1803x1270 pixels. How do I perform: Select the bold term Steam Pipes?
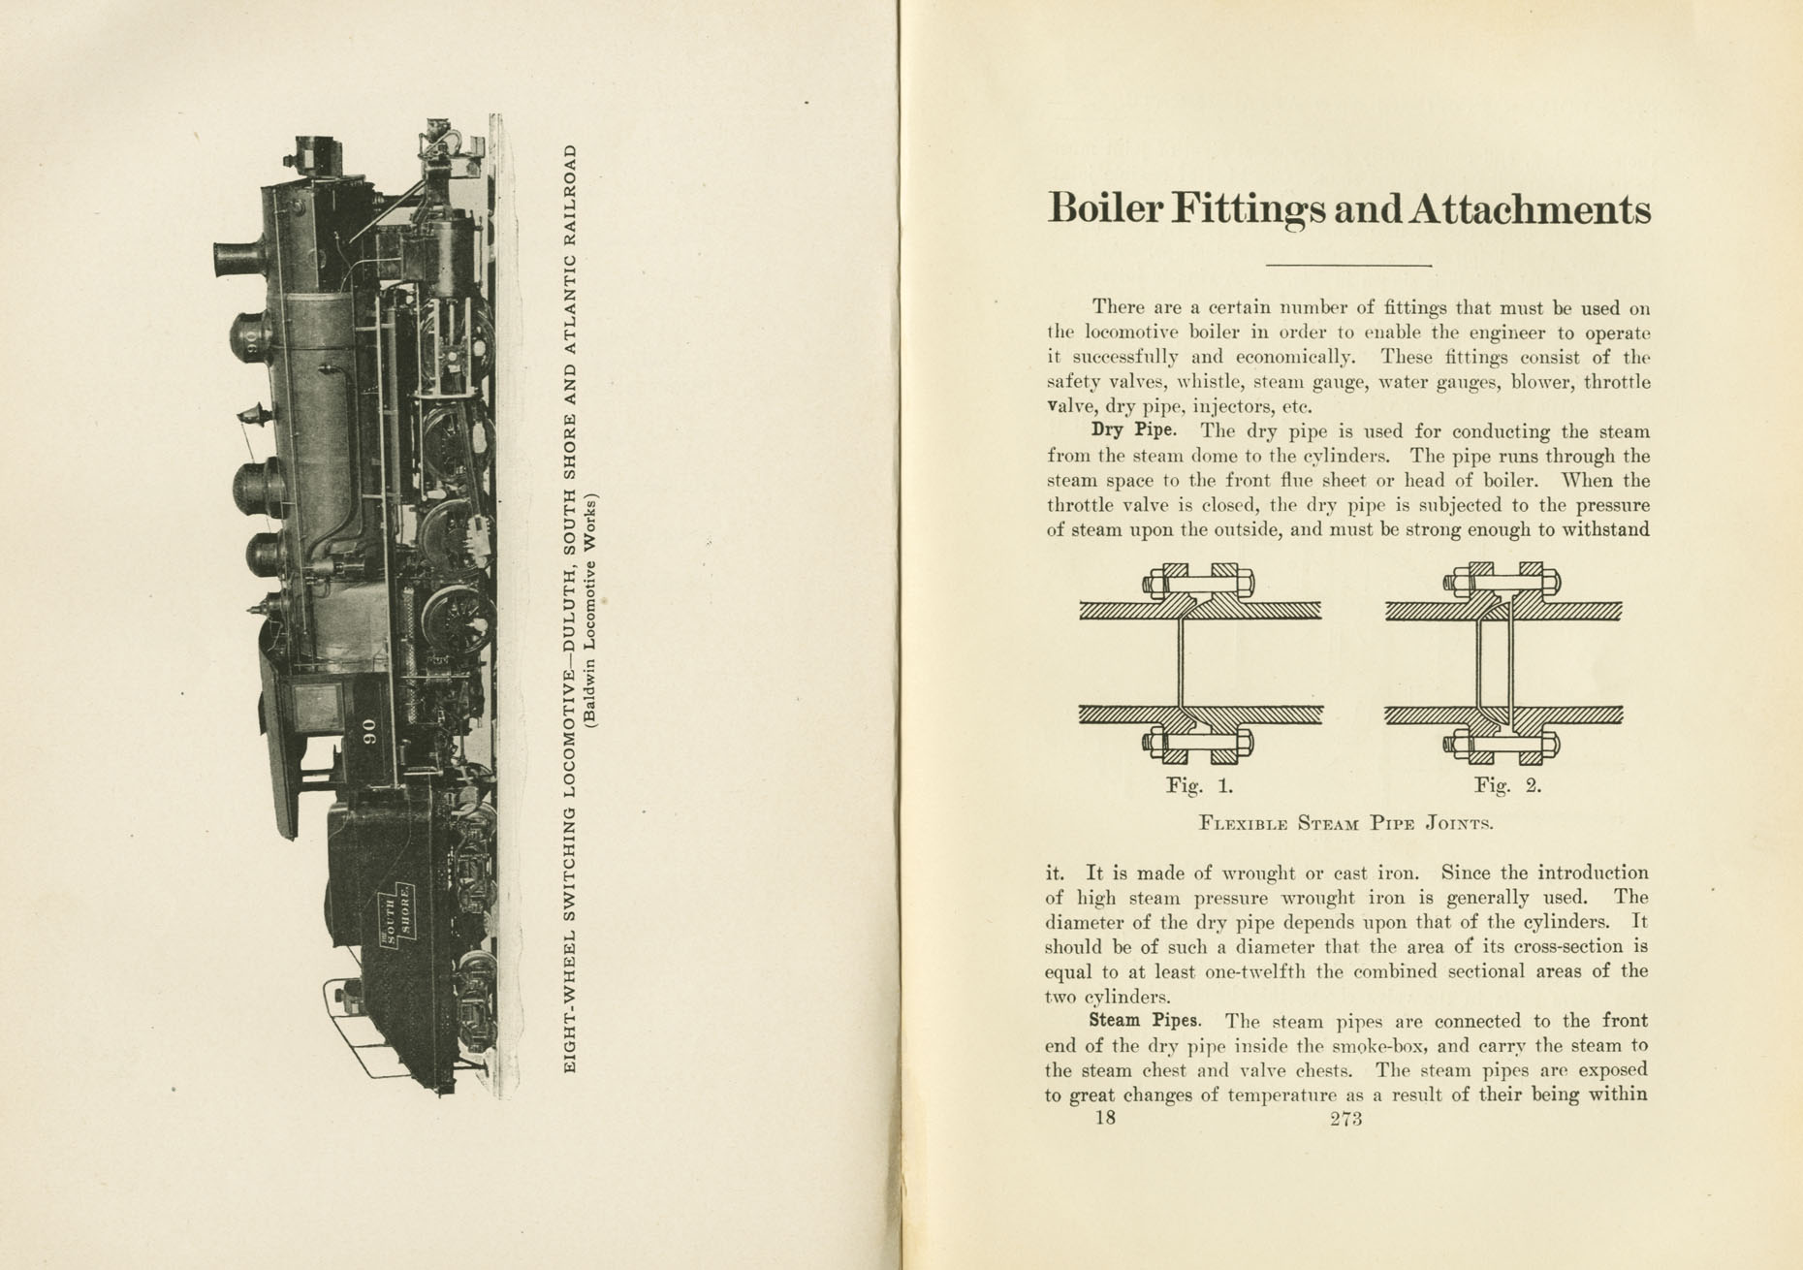1145,1020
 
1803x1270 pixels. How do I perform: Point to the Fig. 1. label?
1198,785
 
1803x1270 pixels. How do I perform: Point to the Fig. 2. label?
1506,785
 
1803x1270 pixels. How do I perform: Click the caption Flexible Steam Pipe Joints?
1345,824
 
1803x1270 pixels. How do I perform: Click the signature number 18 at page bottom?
1104,1118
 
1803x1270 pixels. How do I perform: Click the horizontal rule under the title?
1348,265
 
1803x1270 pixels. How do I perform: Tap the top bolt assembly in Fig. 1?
1200,583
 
